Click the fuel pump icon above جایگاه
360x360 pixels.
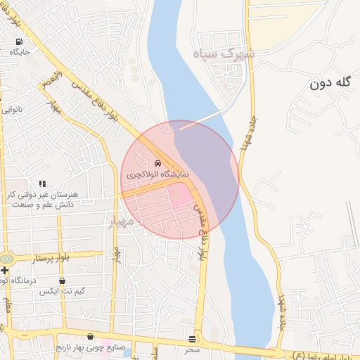pyautogui.click(x=18, y=41)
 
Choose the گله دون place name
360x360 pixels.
pyautogui.click(x=329, y=83)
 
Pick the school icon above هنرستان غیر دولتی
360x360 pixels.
pyautogui.click(x=42, y=184)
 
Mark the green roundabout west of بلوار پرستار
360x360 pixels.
pyautogui.click(x=7, y=259)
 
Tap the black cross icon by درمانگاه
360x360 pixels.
pyautogui.click(x=5, y=270)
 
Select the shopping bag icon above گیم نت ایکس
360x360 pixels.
pyautogui.click(x=62, y=281)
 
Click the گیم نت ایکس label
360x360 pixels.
pyautogui.click(x=62, y=291)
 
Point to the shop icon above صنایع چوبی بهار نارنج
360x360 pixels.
pyautogui.click(x=91, y=337)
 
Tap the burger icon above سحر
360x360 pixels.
pyautogui.click(x=193, y=339)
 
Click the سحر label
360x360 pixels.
pyautogui.click(x=193, y=349)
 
